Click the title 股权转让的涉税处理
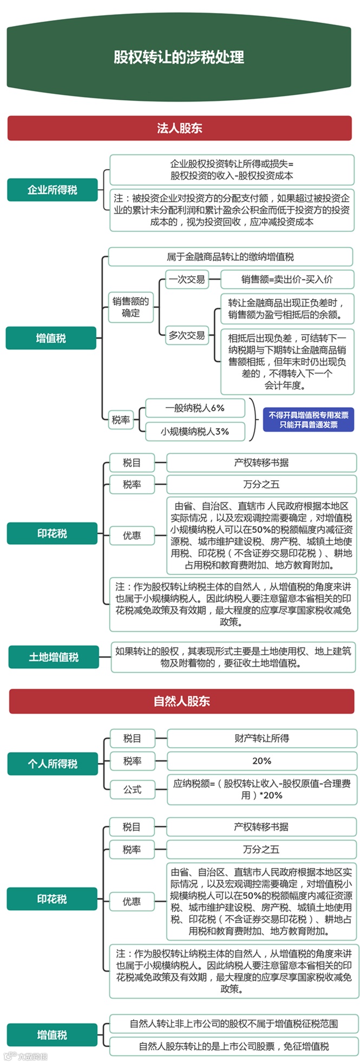[179, 57]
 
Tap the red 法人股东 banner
[179, 128]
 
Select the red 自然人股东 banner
[181, 701]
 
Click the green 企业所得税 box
[52, 190]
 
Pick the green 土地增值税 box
[53, 657]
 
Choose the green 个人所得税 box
[53, 763]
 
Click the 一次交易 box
[187, 279]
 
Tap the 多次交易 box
[187, 335]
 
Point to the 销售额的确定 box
[130, 307]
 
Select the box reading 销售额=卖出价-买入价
[287, 279]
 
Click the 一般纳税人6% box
[195, 408]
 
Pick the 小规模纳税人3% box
[195, 432]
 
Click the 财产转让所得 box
[261, 738]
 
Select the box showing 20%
[261, 761]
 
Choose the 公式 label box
[132, 789]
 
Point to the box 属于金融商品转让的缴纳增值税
[231, 257]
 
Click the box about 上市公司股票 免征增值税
[234, 1046]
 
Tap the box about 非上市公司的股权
[234, 1023]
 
